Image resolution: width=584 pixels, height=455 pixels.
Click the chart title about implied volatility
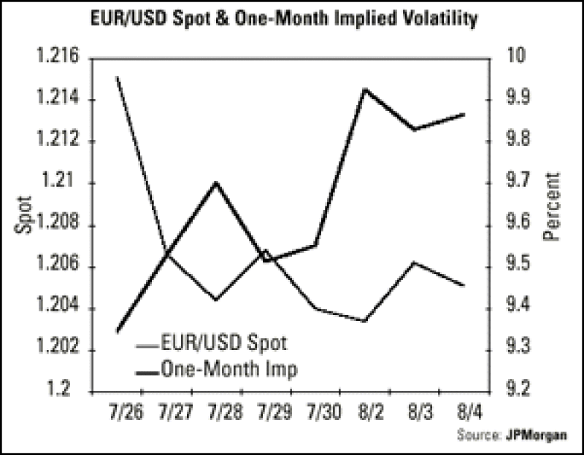pos(292,19)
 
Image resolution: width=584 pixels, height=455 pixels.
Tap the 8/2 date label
pos(365,413)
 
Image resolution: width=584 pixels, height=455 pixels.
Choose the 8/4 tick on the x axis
pos(464,413)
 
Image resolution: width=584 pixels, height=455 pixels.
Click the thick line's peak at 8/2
pos(364,89)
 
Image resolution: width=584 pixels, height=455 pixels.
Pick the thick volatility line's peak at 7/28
pos(216,182)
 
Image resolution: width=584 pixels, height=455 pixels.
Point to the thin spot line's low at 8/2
pos(364,321)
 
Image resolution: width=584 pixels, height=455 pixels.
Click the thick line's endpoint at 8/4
pos(464,114)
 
